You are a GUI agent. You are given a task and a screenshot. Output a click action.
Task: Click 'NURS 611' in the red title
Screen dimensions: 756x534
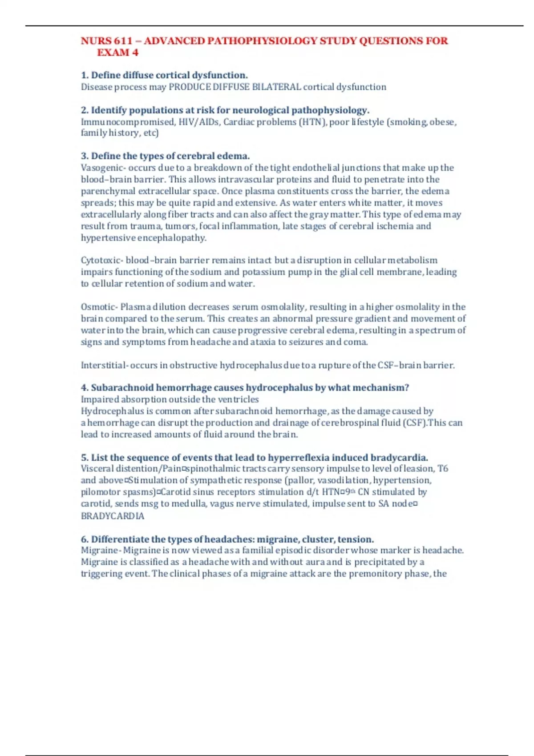(x=106, y=41)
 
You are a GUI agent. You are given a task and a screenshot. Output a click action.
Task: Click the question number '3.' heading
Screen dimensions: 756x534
(x=85, y=156)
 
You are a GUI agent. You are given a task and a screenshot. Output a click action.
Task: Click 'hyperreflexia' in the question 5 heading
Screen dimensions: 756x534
(x=299, y=458)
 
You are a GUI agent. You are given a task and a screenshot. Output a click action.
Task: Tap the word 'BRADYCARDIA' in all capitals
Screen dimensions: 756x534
(x=113, y=516)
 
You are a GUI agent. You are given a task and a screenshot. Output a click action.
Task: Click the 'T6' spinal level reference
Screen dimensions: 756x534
(x=443, y=468)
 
